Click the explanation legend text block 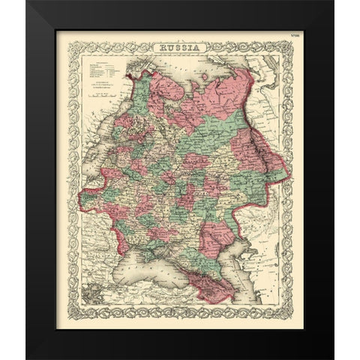point(100,71)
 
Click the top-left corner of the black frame point(28,3)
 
